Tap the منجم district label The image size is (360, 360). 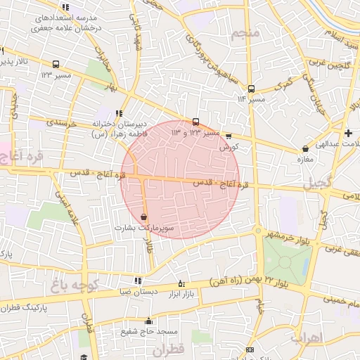[x=250, y=33]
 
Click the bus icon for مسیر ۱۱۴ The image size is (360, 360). [x=251, y=89]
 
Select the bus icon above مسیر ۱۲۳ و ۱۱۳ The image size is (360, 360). [x=196, y=122]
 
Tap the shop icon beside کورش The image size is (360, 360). [x=228, y=136]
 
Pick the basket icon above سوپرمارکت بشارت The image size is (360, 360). [x=144, y=217]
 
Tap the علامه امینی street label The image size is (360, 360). [x=72, y=209]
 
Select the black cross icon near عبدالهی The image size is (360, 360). [x=348, y=133]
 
